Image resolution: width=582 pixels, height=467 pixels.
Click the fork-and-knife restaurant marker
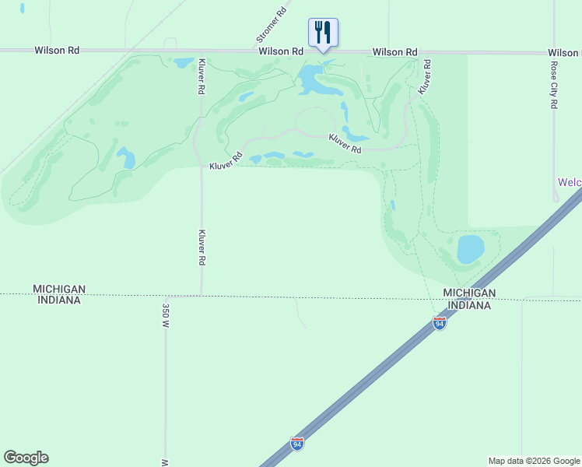[x=323, y=33]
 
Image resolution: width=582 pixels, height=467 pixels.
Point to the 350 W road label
[x=165, y=314]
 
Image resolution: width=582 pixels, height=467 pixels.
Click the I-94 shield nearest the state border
[x=440, y=322]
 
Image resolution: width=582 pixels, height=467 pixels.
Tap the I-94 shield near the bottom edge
[x=297, y=444]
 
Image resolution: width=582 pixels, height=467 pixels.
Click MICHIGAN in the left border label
[x=59, y=289]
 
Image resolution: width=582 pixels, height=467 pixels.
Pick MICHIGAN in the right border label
[x=469, y=293]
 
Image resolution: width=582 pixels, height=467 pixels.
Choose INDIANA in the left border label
[x=57, y=300]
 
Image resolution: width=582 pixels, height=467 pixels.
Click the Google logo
[x=26, y=458]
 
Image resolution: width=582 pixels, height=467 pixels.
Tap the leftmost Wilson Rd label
[x=57, y=50]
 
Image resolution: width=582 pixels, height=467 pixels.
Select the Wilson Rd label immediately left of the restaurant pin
[x=281, y=51]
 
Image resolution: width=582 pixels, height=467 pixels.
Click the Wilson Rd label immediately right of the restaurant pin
[x=394, y=52]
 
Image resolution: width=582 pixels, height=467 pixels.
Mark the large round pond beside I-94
[x=470, y=248]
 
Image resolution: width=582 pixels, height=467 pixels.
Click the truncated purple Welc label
[x=570, y=182]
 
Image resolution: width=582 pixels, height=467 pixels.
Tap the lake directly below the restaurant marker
[x=312, y=78]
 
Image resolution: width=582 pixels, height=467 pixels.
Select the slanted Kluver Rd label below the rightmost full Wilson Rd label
[x=425, y=76]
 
